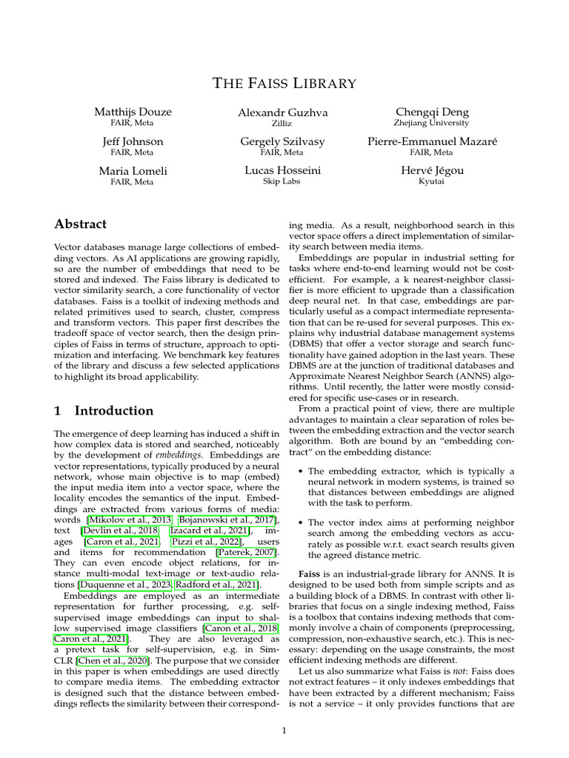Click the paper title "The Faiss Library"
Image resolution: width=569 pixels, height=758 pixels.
point(284,83)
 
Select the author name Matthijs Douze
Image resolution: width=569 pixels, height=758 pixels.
point(133,112)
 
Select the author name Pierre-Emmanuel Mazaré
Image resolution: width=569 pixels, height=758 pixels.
point(432,141)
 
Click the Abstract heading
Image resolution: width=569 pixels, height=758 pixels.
point(81,224)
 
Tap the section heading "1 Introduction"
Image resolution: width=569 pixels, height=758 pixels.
point(104,410)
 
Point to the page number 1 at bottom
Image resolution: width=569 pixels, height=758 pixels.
point(284,731)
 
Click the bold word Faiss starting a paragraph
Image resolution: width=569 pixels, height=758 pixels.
point(310,574)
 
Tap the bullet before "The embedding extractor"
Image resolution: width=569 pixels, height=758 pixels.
point(300,471)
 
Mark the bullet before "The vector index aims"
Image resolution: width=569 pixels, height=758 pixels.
point(300,523)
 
